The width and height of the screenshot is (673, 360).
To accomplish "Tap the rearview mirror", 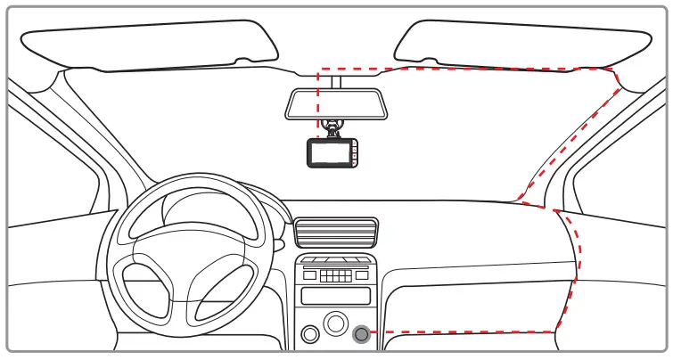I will pos(334,103).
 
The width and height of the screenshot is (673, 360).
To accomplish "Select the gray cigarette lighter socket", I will pos(361,334).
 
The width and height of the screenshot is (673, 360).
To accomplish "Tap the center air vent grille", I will pos(336,233).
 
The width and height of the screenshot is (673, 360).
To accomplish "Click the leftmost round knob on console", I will pos(310,335).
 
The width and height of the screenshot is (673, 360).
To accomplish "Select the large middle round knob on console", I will pos(335,323).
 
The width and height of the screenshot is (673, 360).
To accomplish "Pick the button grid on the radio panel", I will pos(336,274).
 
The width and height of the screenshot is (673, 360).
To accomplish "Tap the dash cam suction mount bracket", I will pos(333,129).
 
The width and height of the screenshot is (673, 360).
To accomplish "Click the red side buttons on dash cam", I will pos(354,153).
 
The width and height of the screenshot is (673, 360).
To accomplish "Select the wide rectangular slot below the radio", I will pos(336,296).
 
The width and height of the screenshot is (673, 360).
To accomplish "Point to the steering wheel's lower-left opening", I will pos(145,285).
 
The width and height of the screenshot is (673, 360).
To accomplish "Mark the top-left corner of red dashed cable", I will pos(319,70).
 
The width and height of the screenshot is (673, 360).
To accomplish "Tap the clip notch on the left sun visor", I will pos(242,61).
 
